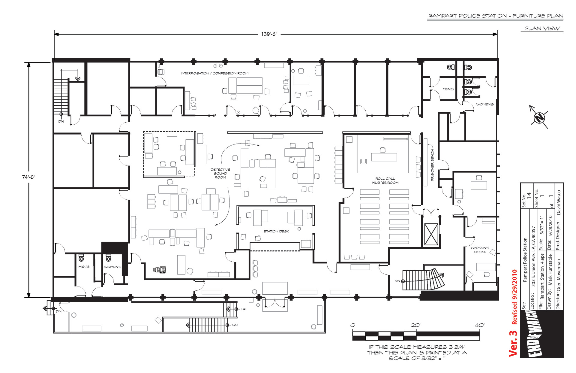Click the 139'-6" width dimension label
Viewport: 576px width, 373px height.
point(269,34)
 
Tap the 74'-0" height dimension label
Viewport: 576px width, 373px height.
point(28,177)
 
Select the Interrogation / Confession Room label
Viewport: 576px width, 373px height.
point(214,73)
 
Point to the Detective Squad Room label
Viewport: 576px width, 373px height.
point(220,174)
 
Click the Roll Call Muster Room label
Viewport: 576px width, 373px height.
point(385,180)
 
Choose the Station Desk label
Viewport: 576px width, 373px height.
point(276,231)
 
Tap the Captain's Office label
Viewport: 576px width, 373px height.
point(480,250)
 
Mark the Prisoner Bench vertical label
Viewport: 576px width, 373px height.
point(432,165)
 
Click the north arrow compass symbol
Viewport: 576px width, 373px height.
point(539,117)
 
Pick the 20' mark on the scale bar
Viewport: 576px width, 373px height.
point(416,325)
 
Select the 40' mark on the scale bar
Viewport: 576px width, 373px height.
point(480,325)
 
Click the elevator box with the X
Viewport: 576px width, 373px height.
point(431,235)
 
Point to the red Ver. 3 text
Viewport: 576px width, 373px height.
point(513,344)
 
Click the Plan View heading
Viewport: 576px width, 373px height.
point(542,29)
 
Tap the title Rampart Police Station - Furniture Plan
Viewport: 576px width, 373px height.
point(496,16)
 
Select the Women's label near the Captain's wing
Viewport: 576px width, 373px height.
point(484,104)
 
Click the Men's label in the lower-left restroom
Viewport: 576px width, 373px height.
point(84,267)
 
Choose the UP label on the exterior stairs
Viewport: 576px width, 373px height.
point(244,309)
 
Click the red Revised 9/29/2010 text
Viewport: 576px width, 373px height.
point(514,297)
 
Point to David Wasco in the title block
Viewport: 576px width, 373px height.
point(559,202)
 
